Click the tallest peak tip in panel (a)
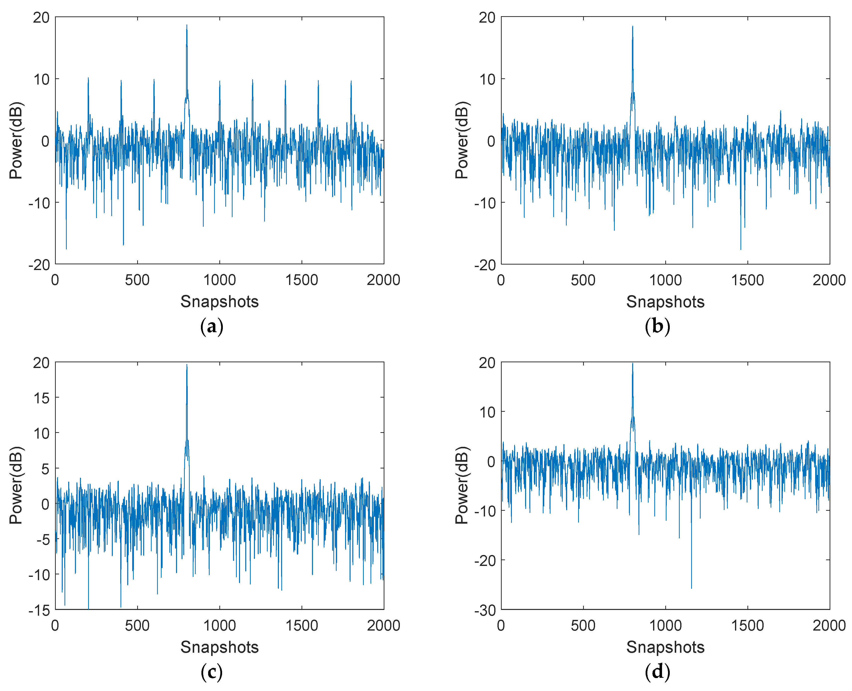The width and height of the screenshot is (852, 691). (186, 25)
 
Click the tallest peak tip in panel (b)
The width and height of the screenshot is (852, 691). (632, 27)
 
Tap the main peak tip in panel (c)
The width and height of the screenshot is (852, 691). (186, 365)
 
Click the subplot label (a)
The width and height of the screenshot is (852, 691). (212, 327)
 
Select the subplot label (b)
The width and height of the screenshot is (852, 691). (657, 327)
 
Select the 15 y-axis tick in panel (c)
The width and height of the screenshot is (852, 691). (41, 398)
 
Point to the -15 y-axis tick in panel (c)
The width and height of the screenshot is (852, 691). (39, 610)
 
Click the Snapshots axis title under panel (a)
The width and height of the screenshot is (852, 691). (220, 302)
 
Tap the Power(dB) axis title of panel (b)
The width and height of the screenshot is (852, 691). (462, 140)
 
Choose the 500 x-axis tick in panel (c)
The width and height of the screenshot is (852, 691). (137, 626)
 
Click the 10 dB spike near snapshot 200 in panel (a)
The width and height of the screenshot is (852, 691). (88, 78)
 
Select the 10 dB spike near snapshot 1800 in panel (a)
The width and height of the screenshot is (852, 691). (351, 81)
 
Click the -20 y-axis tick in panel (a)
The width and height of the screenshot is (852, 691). (39, 265)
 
